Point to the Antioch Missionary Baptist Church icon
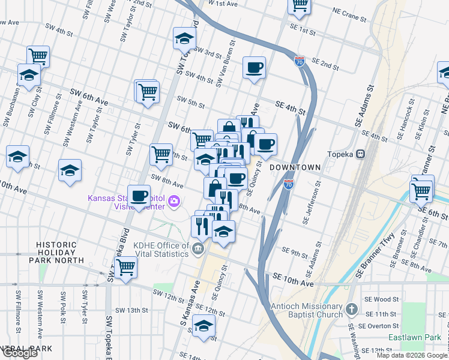coord(352,310)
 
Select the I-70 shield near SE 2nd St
coord(300,61)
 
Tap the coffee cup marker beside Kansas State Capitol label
coord(139,195)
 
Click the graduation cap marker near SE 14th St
coord(204,326)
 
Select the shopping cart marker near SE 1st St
coord(299,5)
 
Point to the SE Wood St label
coord(385,299)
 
